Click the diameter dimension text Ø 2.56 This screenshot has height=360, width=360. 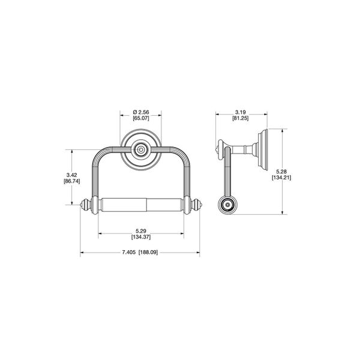point(142,111)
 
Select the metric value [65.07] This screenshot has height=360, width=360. point(142,118)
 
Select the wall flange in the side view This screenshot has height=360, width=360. point(262,148)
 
